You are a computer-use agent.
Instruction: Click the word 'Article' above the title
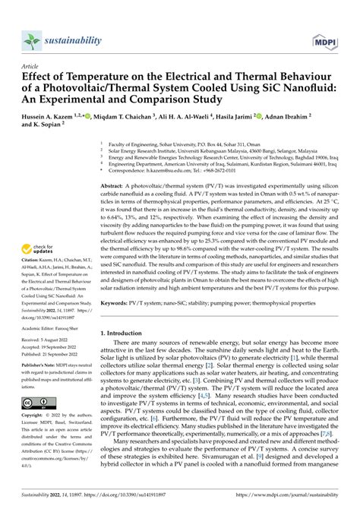[33, 67]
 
